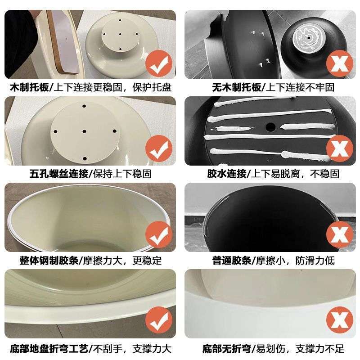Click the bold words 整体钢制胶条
pos(43,261)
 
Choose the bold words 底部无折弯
pos(226,348)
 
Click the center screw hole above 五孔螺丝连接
pos(85,132)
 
